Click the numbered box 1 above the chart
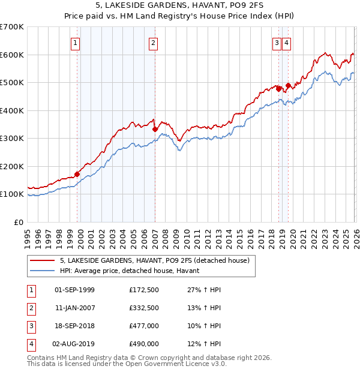[76, 43]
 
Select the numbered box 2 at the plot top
[154, 43]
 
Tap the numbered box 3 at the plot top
[277, 43]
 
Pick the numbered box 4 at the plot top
[286, 43]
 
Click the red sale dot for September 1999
[77, 174]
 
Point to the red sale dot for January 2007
[155, 129]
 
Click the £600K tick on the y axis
[12, 55]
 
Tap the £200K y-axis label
[12, 166]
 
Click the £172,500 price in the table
[144, 290]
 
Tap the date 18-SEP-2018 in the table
[74, 327]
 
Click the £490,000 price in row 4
[144, 344]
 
